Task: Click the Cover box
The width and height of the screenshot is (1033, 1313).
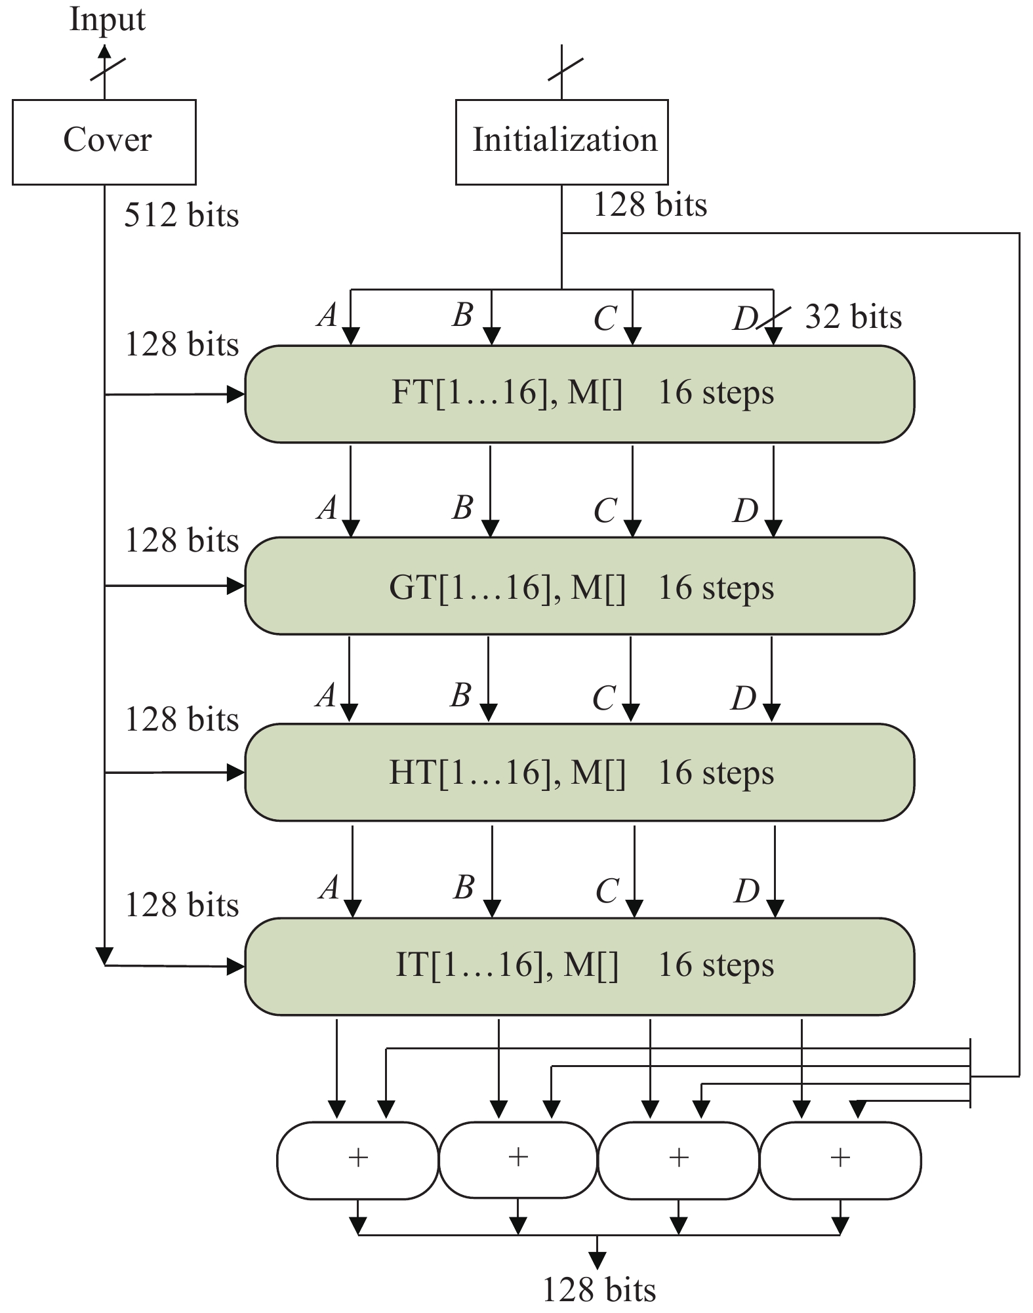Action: tap(104, 142)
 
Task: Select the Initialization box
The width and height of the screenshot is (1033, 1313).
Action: tap(561, 142)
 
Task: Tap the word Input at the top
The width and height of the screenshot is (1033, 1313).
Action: tap(107, 19)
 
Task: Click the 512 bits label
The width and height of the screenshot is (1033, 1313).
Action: tap(181, 215)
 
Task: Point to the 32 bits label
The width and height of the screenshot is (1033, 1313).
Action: tap(853, 317)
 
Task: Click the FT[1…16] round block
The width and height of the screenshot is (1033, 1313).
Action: tap(579, 394)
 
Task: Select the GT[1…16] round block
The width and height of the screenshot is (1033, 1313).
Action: tap(579, 586)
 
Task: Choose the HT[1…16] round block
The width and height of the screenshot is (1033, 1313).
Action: tap(579, 772)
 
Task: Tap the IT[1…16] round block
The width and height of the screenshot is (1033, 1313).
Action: tap(579, 966)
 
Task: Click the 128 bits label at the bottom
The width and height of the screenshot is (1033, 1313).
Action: tap(599, 1289)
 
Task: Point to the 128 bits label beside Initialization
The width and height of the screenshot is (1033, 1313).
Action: tap(650, 205)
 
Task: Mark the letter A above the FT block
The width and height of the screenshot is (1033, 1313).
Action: tap(327, 315)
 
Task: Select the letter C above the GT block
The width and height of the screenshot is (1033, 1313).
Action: tap(605, 510)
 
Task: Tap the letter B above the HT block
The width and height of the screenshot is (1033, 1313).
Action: tap(461, 695)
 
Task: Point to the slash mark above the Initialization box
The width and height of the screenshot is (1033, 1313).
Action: tap(565, 70)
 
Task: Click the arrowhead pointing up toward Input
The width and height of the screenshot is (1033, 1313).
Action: tap(105, 52)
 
